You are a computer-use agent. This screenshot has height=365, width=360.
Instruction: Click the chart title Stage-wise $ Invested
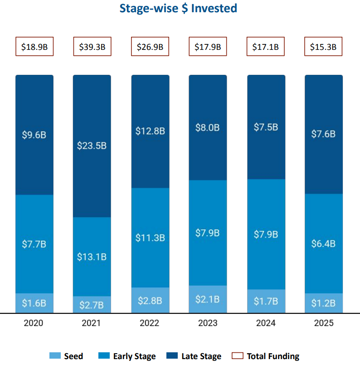[178, 9]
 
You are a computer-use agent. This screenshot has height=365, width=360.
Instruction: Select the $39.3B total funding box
[92, 47]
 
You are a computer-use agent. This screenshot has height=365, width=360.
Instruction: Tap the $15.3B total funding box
[323, 47]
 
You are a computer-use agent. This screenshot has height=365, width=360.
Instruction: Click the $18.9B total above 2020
[34, 47]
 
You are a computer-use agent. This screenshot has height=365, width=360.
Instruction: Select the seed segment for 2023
[208, 299]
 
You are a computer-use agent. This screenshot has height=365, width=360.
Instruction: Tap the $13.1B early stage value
[92, 257]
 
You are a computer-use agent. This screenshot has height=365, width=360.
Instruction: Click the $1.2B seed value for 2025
[323, 303]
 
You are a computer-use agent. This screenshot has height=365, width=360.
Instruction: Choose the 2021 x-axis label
[92, 323]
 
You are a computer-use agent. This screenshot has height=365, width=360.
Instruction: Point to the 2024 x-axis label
[265, 323]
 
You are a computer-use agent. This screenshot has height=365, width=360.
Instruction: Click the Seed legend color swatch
[54, 356]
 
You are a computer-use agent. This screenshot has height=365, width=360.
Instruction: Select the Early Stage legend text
[134, 356]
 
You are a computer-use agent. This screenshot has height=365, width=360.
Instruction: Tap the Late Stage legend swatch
[172, 356]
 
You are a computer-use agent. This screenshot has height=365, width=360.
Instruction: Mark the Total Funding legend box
[238, 356]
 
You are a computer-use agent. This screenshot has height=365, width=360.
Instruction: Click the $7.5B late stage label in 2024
[265, 127]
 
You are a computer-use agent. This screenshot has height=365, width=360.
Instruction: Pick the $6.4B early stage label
[323, 243]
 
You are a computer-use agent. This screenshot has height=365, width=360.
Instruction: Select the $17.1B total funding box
[265, 47]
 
